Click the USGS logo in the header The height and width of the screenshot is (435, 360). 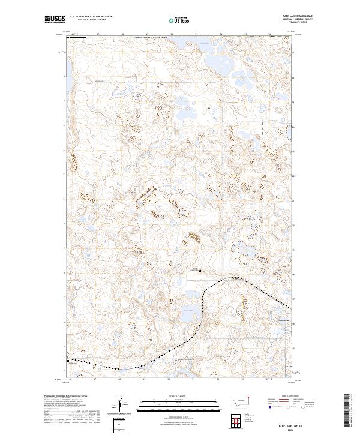[54, 20]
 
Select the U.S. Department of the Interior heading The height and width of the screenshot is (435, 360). [91, 17]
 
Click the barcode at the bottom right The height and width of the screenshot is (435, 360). [348, 409]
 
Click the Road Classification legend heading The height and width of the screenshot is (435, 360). [290, 396]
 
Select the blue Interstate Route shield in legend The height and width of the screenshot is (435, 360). [269, 407]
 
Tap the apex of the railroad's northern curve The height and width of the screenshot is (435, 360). [231, 278]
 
